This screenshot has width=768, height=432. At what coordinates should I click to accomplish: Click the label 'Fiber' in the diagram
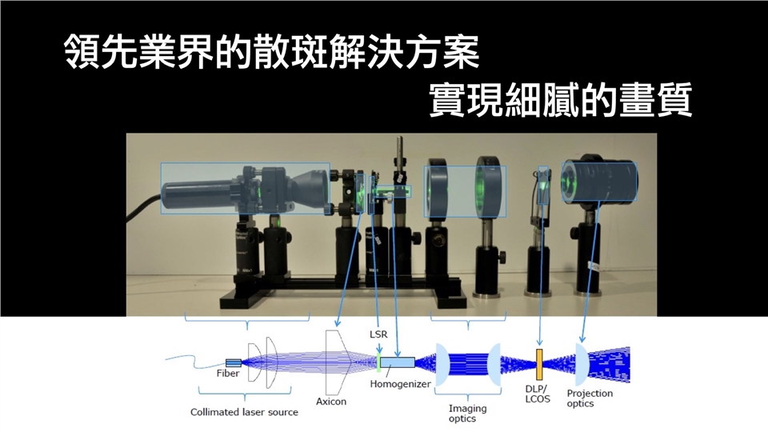coord(228,374)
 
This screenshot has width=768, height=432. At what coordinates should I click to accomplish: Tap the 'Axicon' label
coord(331,402)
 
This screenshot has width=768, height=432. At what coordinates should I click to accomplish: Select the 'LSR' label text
coord(378,335)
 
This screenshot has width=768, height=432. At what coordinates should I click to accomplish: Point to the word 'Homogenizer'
coord(401,384)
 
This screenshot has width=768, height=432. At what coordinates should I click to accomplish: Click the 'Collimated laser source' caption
coord(244,412)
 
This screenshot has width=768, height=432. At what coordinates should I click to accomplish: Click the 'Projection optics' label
coord(590,398)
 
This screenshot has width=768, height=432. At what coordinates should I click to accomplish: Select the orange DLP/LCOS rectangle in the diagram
coord(540,364)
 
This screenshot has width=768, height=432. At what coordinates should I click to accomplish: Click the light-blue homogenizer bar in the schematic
coord(398,363)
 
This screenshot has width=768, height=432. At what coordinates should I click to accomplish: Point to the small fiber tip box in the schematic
coord(234,363)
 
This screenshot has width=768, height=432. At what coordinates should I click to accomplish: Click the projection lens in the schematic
coord(582,363)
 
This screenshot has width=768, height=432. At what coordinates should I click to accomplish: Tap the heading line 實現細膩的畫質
coord(560,102)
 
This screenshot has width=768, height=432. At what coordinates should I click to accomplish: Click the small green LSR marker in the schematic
coord(378,363)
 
